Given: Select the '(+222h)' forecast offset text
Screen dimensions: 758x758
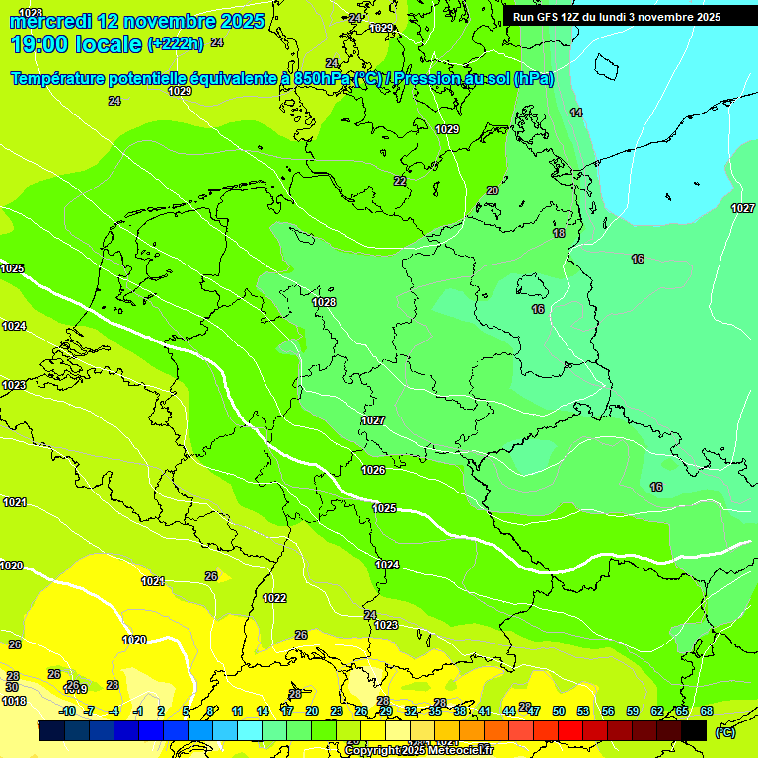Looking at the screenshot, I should click(175, 44).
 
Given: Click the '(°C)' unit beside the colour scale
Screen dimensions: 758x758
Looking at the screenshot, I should click(723, 731).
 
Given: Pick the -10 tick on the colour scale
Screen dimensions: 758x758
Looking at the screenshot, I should click(67, 711).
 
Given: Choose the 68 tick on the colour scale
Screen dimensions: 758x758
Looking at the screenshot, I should click(707, 711).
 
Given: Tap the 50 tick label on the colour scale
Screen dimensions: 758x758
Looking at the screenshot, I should click(559, 711).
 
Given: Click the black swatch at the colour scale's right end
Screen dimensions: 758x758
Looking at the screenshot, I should click(694, 730).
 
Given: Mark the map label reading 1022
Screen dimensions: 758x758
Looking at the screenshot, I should click(274, 598).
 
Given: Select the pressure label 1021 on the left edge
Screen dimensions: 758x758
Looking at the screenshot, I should click(14, 502).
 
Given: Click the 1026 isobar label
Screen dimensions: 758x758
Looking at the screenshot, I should click(373, 470).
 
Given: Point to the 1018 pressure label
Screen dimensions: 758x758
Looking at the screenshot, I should click(14, 701).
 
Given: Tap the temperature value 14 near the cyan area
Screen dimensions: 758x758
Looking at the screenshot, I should click(576, 113).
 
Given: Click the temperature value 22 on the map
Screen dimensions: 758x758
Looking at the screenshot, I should click(400, 181).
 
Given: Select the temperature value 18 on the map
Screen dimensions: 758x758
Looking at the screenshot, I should click(560, 233).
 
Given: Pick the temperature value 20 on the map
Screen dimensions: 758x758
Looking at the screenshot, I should click(493, 190).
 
